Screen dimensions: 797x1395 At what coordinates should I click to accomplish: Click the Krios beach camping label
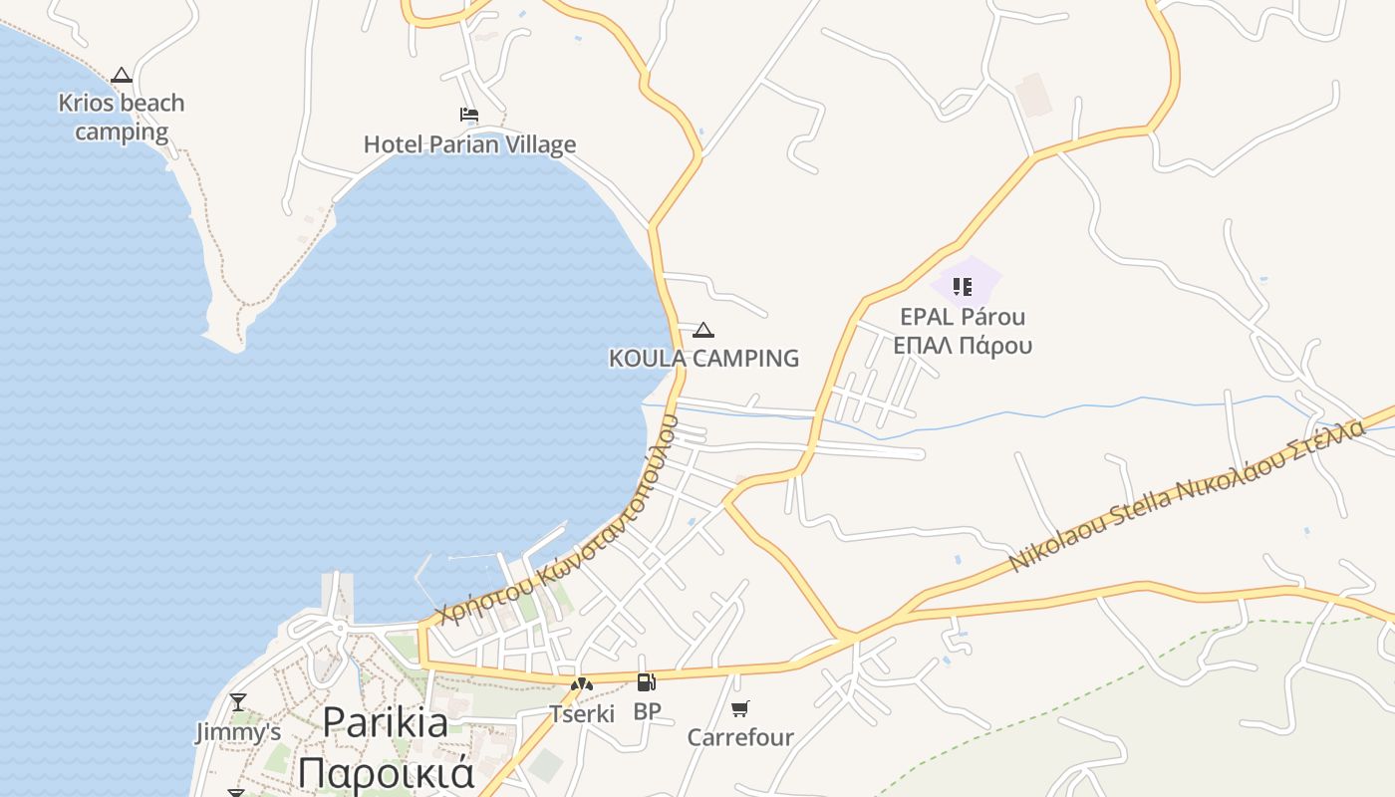pos(122,118)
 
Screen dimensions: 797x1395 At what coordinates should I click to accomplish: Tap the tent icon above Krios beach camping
pos(122,75)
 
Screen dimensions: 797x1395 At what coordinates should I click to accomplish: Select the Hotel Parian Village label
pos(469,144)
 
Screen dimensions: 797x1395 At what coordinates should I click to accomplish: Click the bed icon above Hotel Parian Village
pos(469,115)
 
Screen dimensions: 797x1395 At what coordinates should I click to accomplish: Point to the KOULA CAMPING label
pos(703,359)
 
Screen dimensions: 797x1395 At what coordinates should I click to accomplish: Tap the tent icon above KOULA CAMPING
pos(703,330)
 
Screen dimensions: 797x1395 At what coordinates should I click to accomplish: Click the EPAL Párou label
pos(963,317)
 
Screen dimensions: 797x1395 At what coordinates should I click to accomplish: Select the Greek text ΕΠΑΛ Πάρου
pos(963,346)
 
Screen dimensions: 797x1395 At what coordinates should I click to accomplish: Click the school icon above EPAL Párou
pos(963,287)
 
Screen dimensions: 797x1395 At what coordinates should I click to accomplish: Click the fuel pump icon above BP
pos(647,682)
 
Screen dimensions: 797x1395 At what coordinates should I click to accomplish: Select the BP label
pos(647,711)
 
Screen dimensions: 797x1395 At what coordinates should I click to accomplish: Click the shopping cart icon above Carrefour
pos(739,708)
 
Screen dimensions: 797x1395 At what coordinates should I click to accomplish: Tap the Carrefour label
pos(740,737)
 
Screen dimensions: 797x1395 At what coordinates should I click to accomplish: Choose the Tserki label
pos(582,713)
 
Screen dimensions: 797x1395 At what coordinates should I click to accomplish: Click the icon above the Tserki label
pos(582,684)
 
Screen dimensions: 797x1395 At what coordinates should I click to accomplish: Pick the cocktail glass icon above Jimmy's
pos(237,702)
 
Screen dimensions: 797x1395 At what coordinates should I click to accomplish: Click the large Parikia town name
pos(385,722)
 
